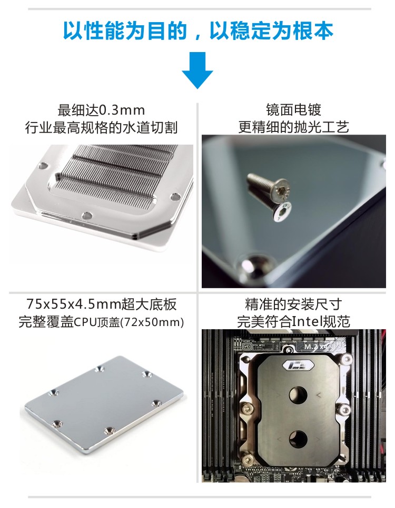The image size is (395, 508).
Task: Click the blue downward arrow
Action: [x=197, y=69]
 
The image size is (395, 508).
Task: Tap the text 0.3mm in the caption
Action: [x=122, y=110]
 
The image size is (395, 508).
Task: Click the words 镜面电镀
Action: [x=293, y=110]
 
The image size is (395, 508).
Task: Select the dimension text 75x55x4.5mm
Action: [x=73, y=304]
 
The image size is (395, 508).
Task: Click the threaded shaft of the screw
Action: [x=261, y=182]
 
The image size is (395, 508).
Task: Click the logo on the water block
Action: [x=298, y=365]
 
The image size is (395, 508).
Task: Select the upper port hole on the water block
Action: [x=299, y=394]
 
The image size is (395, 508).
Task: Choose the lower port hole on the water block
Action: [x=298, y=439]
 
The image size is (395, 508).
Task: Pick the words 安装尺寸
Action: [x=314, y=304]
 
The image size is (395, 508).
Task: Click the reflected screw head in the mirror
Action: [x=281, y=211]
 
